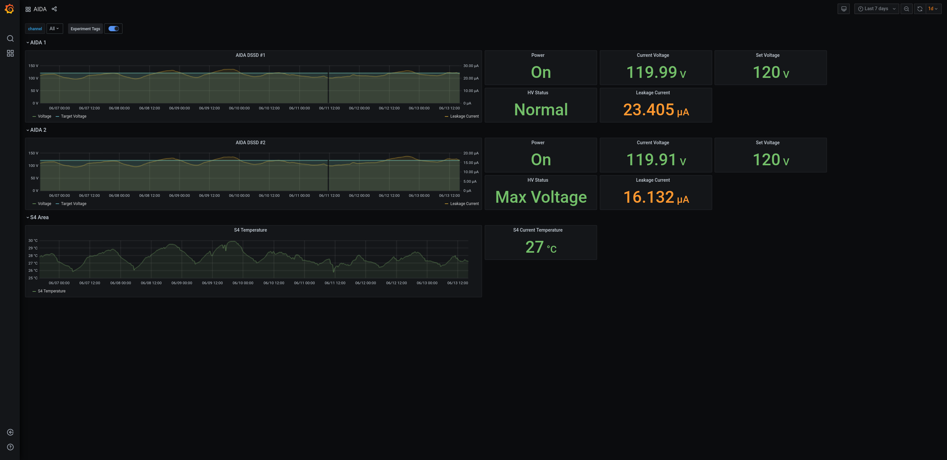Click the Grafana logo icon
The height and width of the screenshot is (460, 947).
10,9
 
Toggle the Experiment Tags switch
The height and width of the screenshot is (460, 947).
113,29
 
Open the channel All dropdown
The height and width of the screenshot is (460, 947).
54,29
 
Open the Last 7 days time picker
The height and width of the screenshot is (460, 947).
876,9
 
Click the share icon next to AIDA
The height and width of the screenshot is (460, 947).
54,9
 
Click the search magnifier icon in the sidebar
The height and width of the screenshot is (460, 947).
10,38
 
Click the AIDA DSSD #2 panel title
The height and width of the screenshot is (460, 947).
250,143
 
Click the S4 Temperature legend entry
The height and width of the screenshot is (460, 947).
52,291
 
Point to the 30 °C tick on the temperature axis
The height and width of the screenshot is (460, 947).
33,241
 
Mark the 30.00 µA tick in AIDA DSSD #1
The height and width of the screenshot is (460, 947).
471,66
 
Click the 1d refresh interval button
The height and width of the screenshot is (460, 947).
932,9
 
